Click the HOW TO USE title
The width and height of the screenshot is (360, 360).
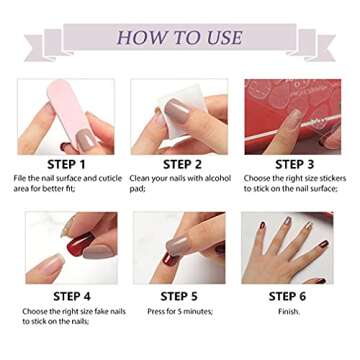(x=180, y=38)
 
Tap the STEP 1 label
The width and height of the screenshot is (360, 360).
(x=66, y=164)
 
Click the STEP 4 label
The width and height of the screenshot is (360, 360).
(x=66, y=296)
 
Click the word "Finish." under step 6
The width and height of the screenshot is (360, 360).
(x=289, y=311)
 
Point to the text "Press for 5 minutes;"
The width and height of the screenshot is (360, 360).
(x=179, y=311)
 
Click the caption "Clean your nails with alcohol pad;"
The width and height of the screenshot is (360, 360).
(x=180, y=182)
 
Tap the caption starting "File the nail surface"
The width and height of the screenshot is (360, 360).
(x=66, y=182)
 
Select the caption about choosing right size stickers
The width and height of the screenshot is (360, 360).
(x=294, y=182)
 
